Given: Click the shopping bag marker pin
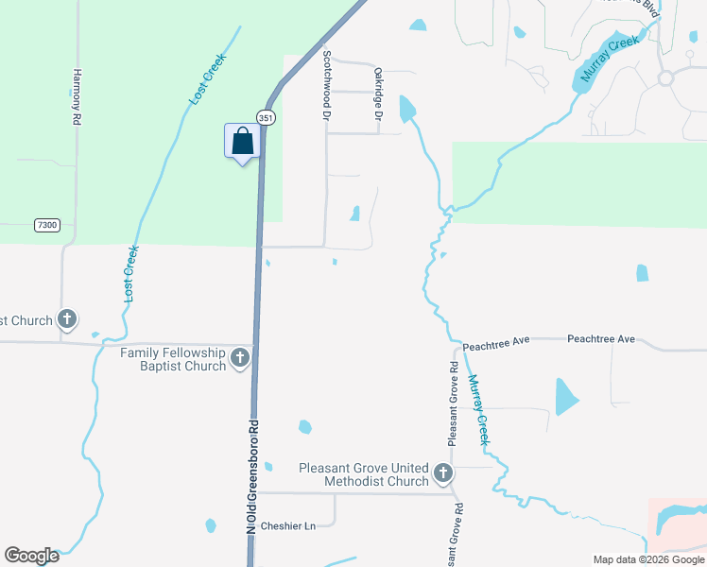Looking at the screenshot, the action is (242, 142).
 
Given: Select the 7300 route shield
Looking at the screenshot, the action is (45, 225).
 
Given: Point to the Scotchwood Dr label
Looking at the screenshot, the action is (326, 85).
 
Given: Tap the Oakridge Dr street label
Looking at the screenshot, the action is (377, 93).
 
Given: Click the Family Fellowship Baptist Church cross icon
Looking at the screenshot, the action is (240, 358).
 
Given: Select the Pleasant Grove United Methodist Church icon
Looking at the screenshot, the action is (442, 473).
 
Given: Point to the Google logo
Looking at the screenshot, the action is (30, 556).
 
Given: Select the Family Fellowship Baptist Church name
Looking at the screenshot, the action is (173, 359).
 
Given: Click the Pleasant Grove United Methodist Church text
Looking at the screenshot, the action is (364, 474).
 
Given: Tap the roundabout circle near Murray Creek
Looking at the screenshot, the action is (665, 78).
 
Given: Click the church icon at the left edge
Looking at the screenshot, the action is (67, 319).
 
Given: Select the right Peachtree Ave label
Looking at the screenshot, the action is (601, 339).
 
